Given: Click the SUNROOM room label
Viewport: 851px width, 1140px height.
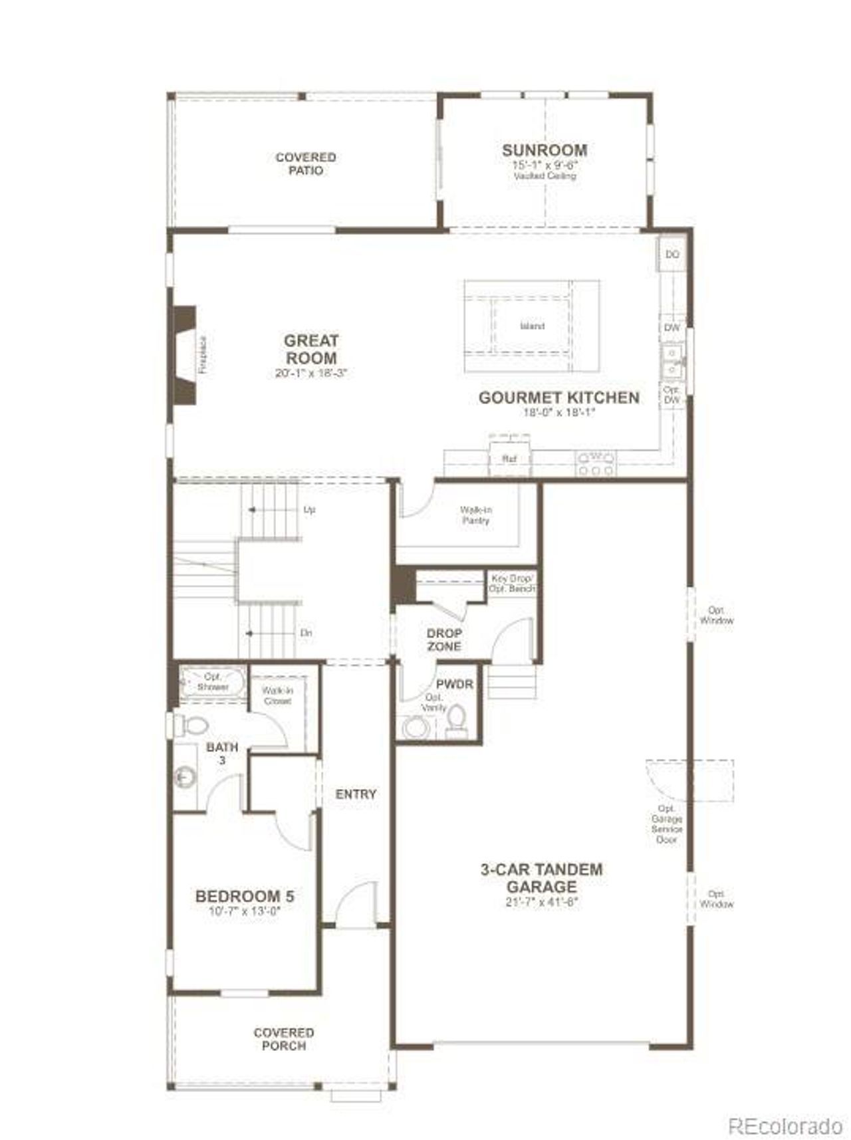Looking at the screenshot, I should [544, 150].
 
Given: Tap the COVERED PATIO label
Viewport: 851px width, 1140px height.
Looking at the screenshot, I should [305, 164].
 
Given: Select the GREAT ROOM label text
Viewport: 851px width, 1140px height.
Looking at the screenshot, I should [311, 349].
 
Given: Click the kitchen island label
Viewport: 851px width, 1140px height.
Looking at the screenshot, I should [532, 326].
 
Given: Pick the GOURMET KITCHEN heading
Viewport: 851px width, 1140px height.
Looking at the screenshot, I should [558, 398].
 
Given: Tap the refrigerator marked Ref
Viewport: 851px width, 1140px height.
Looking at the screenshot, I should [509, 458].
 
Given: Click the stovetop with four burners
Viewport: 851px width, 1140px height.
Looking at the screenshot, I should [596, 463].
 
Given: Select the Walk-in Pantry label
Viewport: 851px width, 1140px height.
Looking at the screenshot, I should [476, 515].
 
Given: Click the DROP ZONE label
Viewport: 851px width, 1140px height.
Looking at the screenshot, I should [444, 639].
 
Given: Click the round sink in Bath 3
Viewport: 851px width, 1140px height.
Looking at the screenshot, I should [184, 776].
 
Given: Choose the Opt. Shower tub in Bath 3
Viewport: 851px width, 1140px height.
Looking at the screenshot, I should [213, 682].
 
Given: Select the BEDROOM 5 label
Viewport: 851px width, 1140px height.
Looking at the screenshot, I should [245, 896].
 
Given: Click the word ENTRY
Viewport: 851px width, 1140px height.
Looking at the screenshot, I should [356, 794].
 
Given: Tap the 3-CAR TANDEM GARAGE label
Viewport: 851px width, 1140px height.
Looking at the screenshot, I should [541, 877].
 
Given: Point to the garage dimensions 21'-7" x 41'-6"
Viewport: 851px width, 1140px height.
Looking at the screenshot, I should [541, 902].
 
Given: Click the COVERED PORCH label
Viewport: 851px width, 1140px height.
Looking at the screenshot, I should [283, 1039].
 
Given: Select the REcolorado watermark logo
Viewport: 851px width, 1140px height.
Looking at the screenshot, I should [785, 1108].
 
